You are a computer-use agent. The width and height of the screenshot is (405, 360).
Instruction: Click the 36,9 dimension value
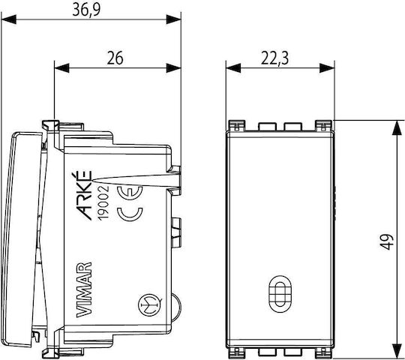[86, 10]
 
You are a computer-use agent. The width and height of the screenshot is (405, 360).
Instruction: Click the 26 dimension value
[115, 58]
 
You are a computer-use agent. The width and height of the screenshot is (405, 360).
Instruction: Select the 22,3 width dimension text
[274, 58]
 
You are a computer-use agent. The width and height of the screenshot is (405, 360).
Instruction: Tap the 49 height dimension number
[387, 241]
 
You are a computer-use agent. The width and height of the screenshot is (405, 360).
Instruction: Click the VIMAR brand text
[85, 289]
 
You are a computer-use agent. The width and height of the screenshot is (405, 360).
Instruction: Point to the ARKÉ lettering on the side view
[85, 195]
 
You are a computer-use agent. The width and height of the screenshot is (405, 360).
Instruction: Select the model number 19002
[103, 202]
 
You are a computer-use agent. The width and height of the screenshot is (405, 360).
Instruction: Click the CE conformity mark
[130, 203]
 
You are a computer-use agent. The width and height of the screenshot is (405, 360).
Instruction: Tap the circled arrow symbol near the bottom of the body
[150, 305]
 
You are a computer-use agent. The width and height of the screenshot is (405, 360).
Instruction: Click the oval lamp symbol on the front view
[280, 294]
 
